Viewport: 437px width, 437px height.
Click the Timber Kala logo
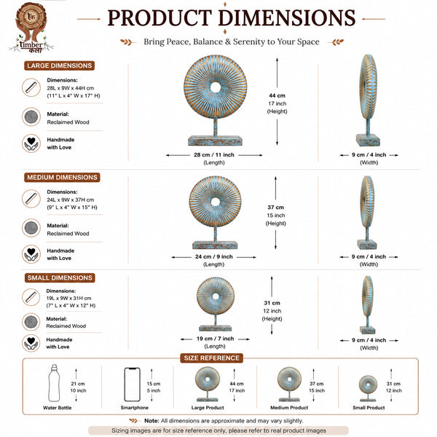click(x=31, y=28)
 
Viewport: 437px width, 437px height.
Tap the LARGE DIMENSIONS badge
click(x=60, y=66)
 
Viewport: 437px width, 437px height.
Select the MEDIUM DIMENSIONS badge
click(x=62, y=178)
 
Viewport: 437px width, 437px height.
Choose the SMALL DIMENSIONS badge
click(x=60, y=278)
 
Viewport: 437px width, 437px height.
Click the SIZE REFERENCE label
click(x=211, y=358)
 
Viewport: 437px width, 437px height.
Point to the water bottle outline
click(x=54, y=383)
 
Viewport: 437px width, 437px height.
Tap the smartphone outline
click(x=132, y=385)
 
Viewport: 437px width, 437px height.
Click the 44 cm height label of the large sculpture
click(x=277, y=95)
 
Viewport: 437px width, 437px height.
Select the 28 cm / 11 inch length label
click(x=214, y=155)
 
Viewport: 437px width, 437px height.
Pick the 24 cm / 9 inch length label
click(x=213, y=256)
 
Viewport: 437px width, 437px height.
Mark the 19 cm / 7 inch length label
click(x=215, y=339)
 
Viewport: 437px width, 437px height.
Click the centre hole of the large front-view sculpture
click(x=216, y=87)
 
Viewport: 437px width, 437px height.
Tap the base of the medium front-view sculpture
click(x=215, y=245)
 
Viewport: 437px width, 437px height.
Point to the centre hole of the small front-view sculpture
click(x=216, y=296)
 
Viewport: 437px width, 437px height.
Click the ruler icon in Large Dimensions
click(x=31, y=87)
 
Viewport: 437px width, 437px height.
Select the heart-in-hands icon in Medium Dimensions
click(x=31, y=254)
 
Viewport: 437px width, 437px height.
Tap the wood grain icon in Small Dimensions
click(x=31, y=322)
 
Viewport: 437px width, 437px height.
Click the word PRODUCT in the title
click(x=160, y=18)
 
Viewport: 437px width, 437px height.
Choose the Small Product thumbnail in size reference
click(x=368, y=388)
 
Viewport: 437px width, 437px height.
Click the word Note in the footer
click(x=151, y=420)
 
